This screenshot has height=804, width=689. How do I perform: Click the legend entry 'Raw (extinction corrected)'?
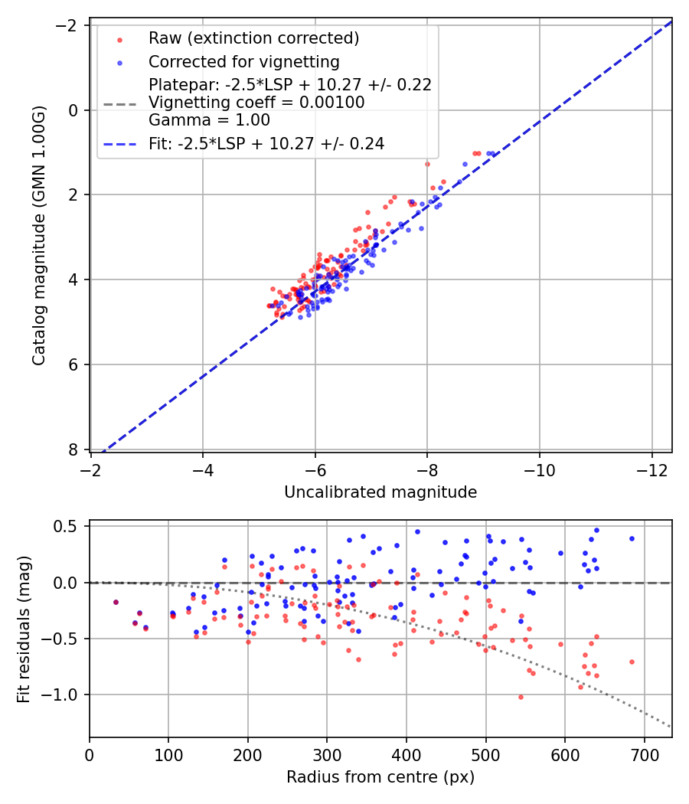253,38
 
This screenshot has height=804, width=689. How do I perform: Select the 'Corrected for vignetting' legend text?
243,61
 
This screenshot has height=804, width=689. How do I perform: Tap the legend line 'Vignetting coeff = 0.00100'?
256,102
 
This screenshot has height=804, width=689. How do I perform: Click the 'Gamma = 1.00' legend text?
209,119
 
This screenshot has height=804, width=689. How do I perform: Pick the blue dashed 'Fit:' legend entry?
266,143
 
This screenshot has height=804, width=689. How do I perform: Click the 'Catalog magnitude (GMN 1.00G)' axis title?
40,235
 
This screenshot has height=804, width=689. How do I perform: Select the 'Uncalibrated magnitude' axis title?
380,492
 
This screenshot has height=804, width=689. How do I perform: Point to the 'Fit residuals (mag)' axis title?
24,629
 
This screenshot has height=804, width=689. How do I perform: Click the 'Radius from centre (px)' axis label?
380,777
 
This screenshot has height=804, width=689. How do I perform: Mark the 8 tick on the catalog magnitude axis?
74,449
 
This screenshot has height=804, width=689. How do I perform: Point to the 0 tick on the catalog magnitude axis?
74,110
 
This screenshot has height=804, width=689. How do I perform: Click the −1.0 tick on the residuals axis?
65,695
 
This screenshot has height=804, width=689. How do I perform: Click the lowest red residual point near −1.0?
521,697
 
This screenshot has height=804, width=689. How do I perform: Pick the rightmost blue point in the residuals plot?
632,538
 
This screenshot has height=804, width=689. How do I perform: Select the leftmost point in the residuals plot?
116,602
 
